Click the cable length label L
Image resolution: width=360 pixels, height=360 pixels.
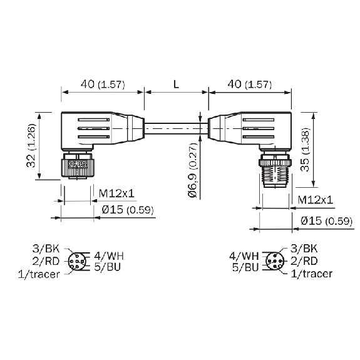click(176, 85)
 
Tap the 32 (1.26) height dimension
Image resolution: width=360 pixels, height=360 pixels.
click(31, 145)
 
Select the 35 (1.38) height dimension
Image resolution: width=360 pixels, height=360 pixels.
click(305, 150)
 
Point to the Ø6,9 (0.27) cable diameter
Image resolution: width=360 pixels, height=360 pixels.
click(192, 170)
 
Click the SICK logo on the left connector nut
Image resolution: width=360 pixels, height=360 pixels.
click(78, 164)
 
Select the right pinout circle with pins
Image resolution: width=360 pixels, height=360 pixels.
click(275, 261)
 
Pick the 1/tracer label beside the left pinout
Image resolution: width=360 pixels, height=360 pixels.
click(39, 274)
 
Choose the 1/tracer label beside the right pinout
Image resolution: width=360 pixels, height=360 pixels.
click(312, 274)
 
